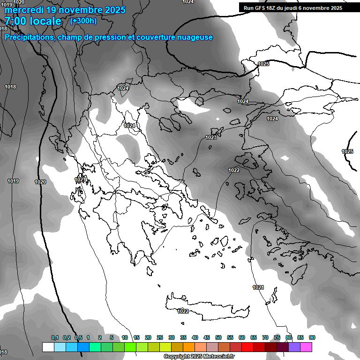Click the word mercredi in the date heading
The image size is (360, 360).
click(24, 10)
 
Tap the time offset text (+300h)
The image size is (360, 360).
click(83, 21)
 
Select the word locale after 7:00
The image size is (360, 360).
click(44, 22)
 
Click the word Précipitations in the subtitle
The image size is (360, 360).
click(29, 37)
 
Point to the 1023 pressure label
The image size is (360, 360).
click(211, 137)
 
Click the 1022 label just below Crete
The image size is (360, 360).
click(183, 311)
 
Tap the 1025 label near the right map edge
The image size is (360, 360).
click(347, 151)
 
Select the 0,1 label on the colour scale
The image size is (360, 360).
click(55, 338)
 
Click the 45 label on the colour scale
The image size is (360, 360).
click(207, 338)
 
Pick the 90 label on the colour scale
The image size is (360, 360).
click(312, 338)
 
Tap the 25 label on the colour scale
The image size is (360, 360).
click(160, 338)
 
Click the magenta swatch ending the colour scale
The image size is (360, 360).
click(306, 347)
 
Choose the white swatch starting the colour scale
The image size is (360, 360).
click(48, 347)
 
